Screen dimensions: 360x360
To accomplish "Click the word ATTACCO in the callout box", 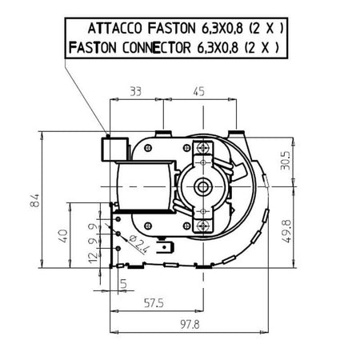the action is pos(115,29).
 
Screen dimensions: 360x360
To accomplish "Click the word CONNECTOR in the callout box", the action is pos(157,48).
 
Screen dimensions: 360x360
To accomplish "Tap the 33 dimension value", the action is pos(136,92).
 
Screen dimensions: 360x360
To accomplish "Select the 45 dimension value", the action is pos(198,91).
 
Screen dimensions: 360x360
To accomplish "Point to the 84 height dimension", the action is pos(35,201).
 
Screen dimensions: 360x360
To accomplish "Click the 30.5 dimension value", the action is pos(285,161).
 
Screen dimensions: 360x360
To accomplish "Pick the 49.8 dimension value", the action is pos(286,231).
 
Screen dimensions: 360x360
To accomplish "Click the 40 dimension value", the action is pos(63,236).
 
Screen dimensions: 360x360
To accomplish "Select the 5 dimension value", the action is pos(123,284).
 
